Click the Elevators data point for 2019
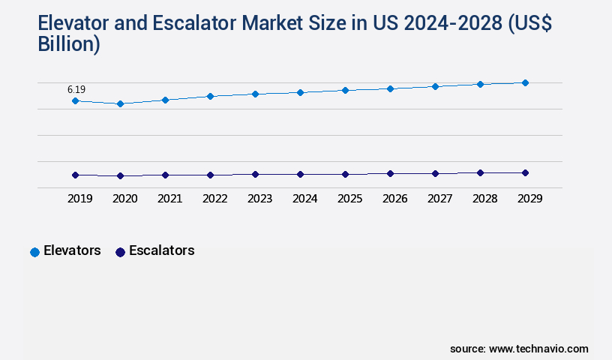tap(75, 100)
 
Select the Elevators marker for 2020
tap(120, 103)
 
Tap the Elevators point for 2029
tap(525, 82)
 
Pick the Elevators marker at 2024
tap(300, 92)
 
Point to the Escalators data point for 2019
tap(75, 175)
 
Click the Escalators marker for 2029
tap(525, 172)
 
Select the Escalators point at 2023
tap(255, 174)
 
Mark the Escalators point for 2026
tap(390, 173)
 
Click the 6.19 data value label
tap(76, 89)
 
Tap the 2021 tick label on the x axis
tap(169, 199)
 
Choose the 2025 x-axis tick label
tap(349, 199)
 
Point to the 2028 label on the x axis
tap(484, 199)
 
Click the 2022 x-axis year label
tap(214, 199)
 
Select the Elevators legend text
tap(72, 250)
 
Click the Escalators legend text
tap(161, 250)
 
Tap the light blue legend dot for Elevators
tap(34, 252)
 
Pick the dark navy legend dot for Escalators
tap(120, 252)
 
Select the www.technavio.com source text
tap(538, 349)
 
